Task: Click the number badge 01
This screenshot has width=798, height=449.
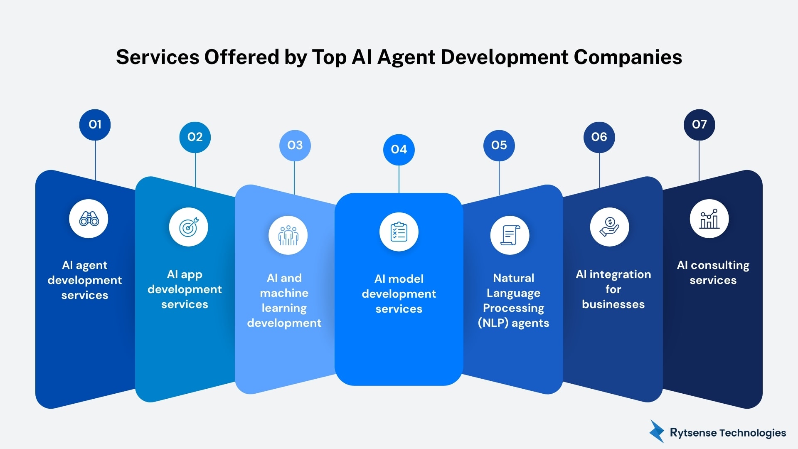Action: [x=95, y=125]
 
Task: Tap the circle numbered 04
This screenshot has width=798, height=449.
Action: [x=399, y=150]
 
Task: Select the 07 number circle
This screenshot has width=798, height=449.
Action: [x=699, y=125]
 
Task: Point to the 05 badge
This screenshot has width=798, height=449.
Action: [x=499, y=146]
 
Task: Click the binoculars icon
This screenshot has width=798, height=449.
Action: [x=89, y=219]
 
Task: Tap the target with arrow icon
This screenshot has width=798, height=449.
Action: [x=188, y=227]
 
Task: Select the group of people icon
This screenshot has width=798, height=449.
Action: [x=288, y=235]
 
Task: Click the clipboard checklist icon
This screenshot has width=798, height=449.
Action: [x=399, y=232]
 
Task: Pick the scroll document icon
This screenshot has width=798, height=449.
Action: [x=510, y=235]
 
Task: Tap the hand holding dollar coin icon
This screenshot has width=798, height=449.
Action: [x=609, y=227]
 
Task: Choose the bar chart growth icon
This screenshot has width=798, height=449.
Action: [x=709, y=219]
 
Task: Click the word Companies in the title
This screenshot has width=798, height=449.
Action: [x=628, y=57]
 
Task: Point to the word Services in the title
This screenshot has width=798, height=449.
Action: [x=158, y=57]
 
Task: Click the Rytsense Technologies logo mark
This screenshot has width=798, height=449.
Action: [x=657, y=432]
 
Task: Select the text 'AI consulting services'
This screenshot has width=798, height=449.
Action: [x=713, y=273]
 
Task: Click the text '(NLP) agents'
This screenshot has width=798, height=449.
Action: [x=513, y=323]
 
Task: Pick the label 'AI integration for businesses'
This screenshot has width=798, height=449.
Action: [x=613, y=289]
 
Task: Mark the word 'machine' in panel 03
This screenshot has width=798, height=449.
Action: [x=284, y=293]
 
